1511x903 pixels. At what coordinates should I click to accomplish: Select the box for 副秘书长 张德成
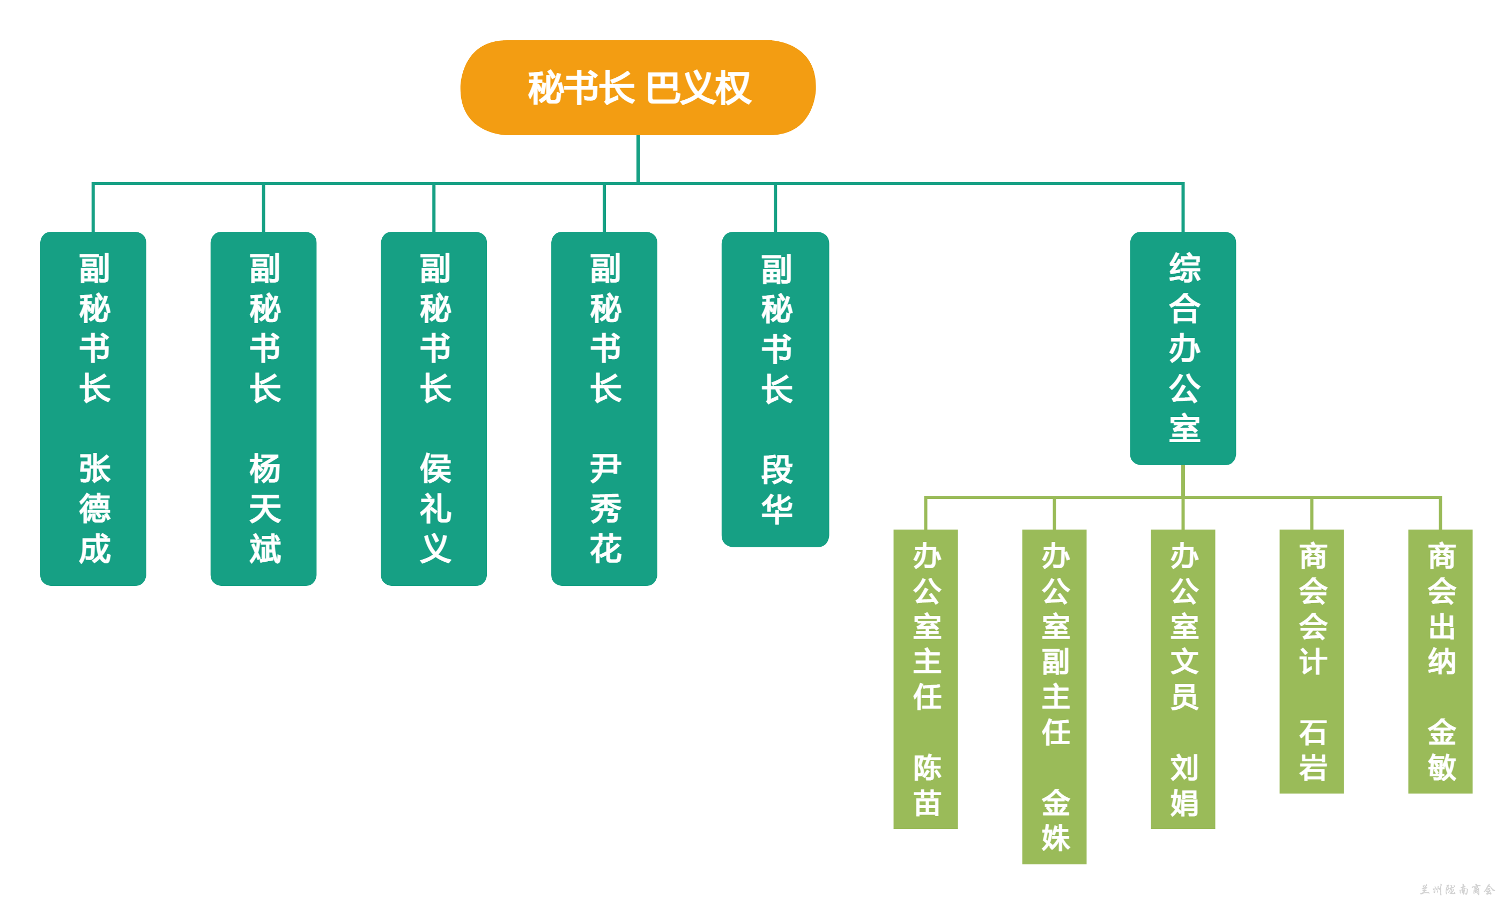point(93,408)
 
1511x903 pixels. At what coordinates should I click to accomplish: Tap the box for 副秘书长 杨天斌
point(263,408)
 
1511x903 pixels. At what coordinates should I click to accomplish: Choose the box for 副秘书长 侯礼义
point(434,408)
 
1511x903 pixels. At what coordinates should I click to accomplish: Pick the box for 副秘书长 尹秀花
point(604,408)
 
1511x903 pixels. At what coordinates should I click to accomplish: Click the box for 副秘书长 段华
point(775,390)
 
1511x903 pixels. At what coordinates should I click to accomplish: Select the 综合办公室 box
point(1183,348)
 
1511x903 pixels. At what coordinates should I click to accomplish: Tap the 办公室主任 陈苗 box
point(925,679)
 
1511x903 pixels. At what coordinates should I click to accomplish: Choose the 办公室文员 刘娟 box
point(1183,679)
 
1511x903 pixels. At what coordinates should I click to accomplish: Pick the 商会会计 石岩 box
point(1312,661)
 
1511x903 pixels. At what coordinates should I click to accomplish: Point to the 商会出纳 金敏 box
point(1440,661)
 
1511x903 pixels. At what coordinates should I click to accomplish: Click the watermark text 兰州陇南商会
point(1457,890)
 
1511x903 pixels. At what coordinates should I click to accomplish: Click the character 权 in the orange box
point(734,88)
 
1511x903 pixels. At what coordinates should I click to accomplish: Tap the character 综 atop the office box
point(1184,268)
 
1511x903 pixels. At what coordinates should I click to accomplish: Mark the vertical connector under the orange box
point(638,158)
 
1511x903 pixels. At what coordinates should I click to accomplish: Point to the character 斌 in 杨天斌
point(265,548)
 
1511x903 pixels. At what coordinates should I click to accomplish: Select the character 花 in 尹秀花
point(605,548)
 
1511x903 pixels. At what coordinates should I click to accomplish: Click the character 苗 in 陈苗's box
point(927,803)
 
